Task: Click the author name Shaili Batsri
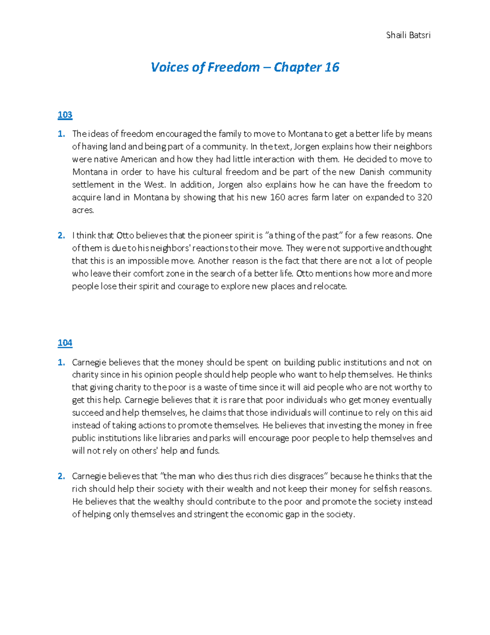coord(408,35)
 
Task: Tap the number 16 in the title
coord(332,67)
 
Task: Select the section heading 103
coord(65,115)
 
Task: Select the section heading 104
coord(65,343)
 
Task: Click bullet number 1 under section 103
coord(61,134)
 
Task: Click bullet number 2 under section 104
coord(61,476)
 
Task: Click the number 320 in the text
coord(425,197)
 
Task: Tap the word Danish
coord(372,172)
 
